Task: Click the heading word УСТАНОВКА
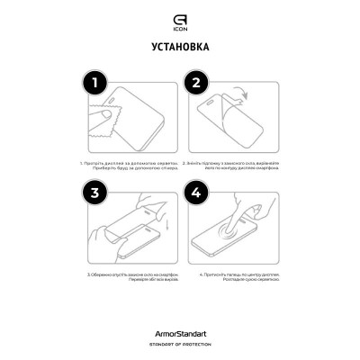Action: click(180, 46)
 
